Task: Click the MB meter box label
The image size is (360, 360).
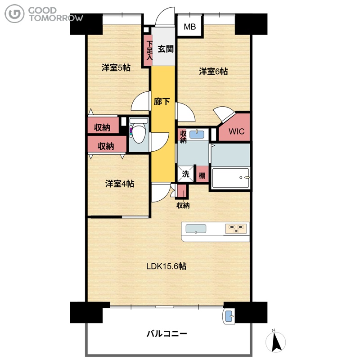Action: click(x=190, y=27)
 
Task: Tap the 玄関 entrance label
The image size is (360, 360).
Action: click(x=165, y=49)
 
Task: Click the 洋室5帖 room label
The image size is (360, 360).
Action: click(x=116, y=68)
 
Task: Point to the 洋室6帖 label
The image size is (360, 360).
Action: click(x=213, y=72)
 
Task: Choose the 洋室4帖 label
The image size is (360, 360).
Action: click(x=120, y=184)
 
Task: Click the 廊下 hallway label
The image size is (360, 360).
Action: click(x=162, y=101)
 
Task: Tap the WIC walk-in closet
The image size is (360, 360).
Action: click(x=236, y=131)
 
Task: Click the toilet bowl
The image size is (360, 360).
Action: click(x=139, y=133)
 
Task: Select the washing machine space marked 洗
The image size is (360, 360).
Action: click(x=185, y=174)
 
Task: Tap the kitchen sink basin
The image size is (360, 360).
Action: click(x=196, y=229)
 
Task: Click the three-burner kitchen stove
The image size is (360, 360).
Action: click(x=236, y=229)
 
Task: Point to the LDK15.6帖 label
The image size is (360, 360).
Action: click(x=166, y=266)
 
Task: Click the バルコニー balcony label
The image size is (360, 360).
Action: click(x=166, y=333)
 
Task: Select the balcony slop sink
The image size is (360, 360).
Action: click(x=229, y=316)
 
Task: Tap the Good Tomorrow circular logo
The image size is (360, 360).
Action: click(x=14, y=14)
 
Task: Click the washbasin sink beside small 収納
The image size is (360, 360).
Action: click(x=197, y=134)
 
